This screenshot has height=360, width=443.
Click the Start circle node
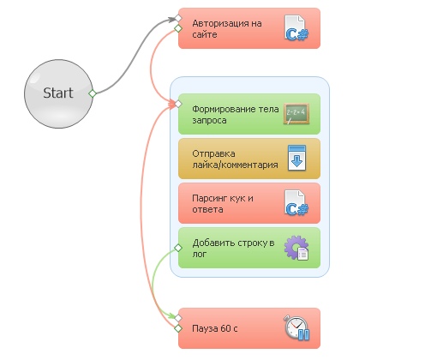58,93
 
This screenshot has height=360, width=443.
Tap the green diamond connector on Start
93,93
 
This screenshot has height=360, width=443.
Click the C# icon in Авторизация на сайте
296,28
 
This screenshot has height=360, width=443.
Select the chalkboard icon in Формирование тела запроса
296,114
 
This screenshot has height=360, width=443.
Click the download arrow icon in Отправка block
296,158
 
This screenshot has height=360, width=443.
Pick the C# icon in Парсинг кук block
296,203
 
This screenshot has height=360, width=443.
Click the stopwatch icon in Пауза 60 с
296,327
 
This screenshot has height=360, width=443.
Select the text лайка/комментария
235,165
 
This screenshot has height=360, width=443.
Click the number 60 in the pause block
225,328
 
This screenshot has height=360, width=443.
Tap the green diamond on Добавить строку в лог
178,248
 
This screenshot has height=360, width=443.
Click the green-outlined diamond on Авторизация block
178,28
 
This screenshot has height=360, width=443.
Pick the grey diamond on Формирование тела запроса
178,104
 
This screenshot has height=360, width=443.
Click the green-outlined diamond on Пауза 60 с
178,328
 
